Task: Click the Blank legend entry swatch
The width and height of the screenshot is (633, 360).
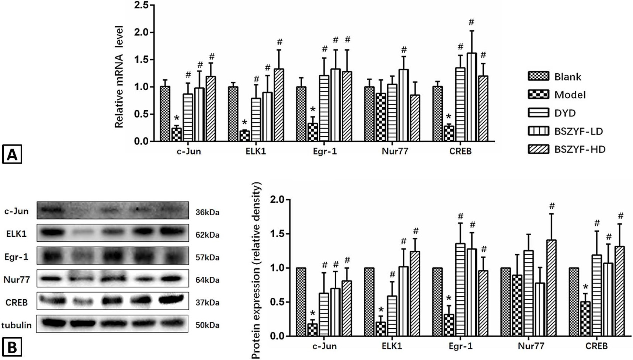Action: (538, 76)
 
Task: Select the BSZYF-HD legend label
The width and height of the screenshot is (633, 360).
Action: (580, 149)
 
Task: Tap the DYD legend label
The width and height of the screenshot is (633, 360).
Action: (565, 113)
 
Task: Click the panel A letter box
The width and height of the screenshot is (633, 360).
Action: (12, 154)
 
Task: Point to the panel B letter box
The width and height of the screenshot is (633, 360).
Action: (12, 348)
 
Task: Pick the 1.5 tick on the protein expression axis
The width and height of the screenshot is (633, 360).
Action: (277, 234)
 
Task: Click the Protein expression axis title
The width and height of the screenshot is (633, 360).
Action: (256, 270)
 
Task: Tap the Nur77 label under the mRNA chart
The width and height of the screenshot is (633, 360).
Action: (395, 151)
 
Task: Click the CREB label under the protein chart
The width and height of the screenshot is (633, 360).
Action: (597, 346)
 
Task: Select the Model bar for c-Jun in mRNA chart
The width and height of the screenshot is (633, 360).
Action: (177, 134)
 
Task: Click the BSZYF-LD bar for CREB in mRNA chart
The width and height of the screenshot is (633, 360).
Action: (472, 97)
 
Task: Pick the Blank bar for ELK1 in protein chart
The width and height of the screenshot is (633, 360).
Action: (369, 302)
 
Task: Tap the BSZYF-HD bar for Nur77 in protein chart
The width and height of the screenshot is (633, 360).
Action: (552, 288)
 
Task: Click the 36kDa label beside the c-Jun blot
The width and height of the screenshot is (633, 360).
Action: (208, 212)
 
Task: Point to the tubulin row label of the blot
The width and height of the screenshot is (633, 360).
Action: (17, 325)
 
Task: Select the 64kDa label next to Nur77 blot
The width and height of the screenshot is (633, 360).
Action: (208, 280)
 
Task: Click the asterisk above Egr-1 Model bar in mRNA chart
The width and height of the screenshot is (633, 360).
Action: (313, 110)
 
